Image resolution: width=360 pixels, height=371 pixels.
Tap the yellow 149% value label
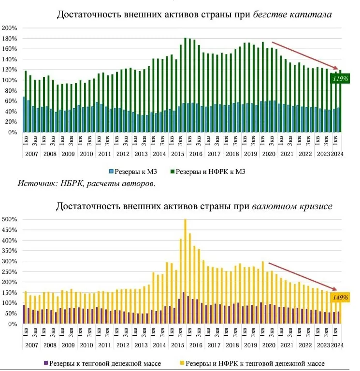pyautogui.click(x=340, y=298)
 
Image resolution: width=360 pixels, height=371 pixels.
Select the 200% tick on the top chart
pyautogui.click(x=10, y=28)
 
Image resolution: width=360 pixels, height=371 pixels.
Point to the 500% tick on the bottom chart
pyautogui.click(x=10, y=219)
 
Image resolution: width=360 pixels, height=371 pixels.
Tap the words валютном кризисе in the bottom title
pyautogui.click(x=292, y=206)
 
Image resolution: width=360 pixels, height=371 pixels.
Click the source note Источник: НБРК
pyautogui.click(x=87, y=183)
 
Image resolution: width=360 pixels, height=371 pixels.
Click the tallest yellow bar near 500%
pyautogui.click(x=185, y=271)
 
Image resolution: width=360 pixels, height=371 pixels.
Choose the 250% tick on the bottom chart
pyautogui.click(x=10, y=271)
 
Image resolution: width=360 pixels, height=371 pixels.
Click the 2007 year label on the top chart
pyautogui.click(x=31, y=154)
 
